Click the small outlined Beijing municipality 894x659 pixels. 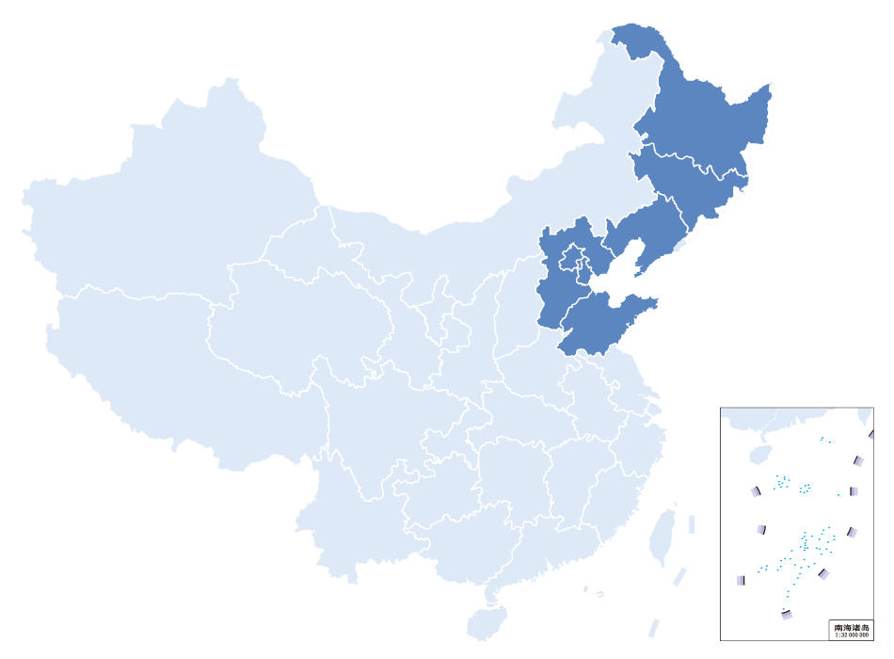click(570, 255)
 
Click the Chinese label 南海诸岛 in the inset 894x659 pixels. click(852, 627)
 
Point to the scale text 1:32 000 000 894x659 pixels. click(852, 635)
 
